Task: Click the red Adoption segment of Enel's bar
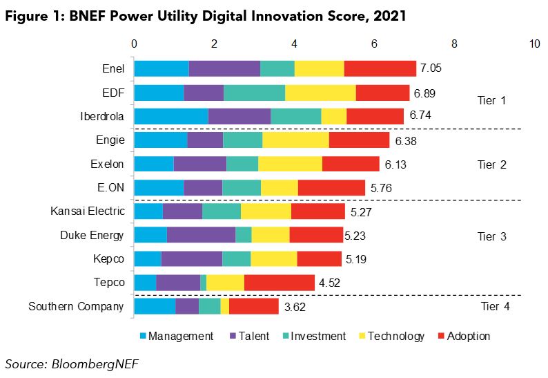coord(380,68)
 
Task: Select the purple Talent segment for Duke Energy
coord(201,235)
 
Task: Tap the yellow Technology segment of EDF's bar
coord(320,93)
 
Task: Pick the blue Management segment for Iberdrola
coord(170,116)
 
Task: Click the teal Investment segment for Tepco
coord(203,283)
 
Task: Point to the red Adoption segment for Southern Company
coord(253,306)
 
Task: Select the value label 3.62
coord(295,307)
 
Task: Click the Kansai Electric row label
coord(87,211)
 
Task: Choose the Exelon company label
coord(106,164)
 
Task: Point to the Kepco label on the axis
coord(109,258)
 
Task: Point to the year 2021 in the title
coord(380,16)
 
